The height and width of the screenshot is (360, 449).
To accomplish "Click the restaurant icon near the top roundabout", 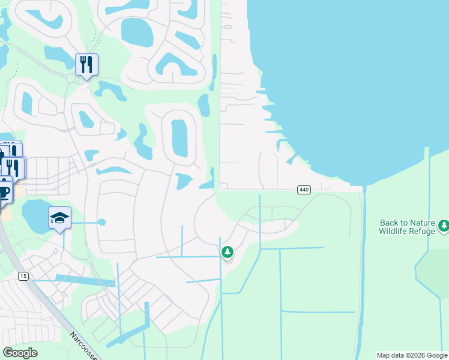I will coord(86,65).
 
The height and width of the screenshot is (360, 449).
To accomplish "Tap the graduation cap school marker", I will coord(60,218).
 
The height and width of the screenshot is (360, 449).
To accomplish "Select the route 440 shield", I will coord(303,190).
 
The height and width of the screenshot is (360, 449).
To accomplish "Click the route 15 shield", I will coord(23,275).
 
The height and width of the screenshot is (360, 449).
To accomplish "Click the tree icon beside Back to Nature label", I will coord(444,226).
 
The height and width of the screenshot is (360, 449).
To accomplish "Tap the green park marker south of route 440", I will coord(227,252).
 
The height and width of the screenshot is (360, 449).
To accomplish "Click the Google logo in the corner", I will coord(20,353).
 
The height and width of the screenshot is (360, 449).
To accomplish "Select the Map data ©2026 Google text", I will coord(412,355).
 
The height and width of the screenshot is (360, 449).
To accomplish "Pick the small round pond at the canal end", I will coord(101,222).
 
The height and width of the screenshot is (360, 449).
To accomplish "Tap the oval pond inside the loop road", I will coord(179,137).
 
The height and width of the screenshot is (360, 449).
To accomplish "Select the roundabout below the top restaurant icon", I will coord(71,79).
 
